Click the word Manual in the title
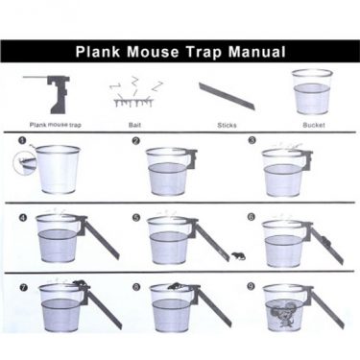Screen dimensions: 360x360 pos(256,52)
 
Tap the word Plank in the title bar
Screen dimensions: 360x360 pos(98,52)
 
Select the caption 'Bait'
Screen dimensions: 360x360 pos(134,125)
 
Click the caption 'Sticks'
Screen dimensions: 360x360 pos(227,125)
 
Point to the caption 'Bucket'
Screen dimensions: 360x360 pos(314,125)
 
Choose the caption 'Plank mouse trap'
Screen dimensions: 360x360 pos(56,125)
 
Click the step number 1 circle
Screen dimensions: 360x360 pos(22,140)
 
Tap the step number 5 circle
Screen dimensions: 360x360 pos(136,217)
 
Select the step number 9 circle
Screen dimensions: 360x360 pos(252,286)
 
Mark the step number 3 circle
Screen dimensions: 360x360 pos(252,140)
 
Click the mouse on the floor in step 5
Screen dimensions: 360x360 pos(238,256)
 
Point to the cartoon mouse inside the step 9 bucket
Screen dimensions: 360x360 pos(283,314)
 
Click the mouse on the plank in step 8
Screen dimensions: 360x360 pos(175,287)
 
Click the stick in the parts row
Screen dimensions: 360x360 pos(227,95)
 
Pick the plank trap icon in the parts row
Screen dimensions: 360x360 pos(52,94)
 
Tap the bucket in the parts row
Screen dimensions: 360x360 pos(312,92)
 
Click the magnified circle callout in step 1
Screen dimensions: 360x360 pos(23,163)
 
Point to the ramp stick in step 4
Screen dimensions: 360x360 pos(101,238)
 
